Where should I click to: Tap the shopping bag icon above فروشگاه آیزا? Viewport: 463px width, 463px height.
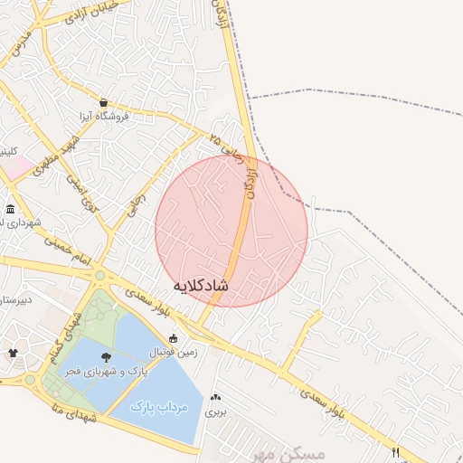pos(103,102)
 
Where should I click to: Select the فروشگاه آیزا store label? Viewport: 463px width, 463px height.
pos(102,117)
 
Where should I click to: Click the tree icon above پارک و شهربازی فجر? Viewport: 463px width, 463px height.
pos(107,357)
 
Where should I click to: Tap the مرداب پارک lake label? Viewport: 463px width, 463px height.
pos(158,406)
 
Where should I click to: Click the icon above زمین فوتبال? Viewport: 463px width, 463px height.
pos(173,338)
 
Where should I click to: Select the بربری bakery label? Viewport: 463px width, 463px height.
pos(214,411)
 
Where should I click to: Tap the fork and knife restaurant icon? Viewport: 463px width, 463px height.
pos(396,451)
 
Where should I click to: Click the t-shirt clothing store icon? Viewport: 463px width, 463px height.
pos(13,353)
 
